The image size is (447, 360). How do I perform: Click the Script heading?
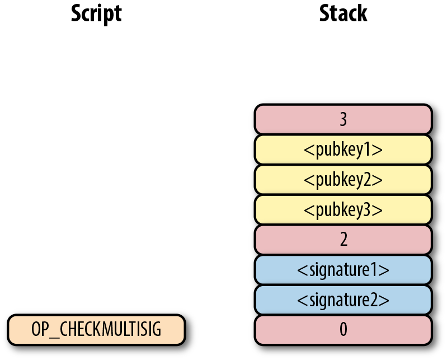coord(96,13)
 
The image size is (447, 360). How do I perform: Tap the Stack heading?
coord(343,13)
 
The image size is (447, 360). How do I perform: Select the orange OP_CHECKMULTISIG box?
coord(96,330)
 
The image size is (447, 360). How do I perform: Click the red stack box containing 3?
coord(343,119)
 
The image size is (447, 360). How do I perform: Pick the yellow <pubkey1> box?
coord(343,149)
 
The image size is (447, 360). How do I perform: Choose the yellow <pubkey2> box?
coord(343,179)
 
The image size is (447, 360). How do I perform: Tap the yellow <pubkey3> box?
coord(343,209)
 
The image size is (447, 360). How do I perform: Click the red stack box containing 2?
coord(343,240)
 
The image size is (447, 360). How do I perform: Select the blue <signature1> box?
coord(343,270)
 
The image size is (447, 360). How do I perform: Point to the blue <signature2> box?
coord(343,300)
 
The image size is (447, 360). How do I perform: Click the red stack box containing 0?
coord(343,330)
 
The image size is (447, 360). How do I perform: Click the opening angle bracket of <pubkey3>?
coord(307,210)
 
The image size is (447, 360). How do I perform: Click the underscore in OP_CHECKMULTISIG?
coord(51,335)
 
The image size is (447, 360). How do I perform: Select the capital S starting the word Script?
coord(77,13)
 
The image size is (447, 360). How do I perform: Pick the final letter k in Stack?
coord(362,13)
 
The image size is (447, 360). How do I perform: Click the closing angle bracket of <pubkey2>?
coord(379,180)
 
